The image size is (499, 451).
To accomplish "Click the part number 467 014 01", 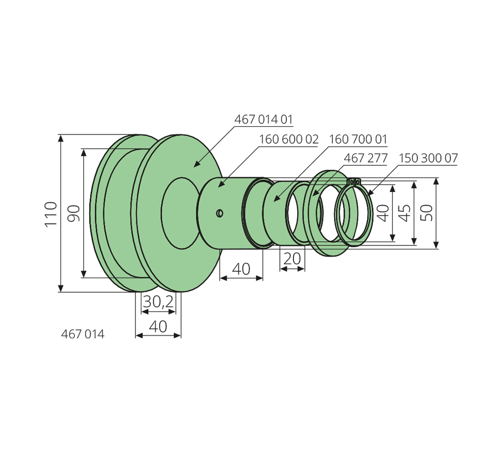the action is coord(263,120).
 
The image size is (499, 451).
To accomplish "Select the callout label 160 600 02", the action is coord(289,139).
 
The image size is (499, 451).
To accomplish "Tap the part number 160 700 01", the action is coord(358,139).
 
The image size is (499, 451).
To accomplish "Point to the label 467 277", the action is coord(366,158).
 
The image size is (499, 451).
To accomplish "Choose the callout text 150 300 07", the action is coord(428,158).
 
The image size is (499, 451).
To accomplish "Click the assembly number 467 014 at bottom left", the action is coord(83,335).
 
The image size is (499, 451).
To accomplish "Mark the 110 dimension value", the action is coord(51,214).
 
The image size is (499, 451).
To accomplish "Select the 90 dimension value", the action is coord(74,213).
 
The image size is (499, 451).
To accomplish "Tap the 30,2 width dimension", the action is coord(158,302).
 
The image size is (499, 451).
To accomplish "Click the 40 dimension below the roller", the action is coord(158,326).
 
